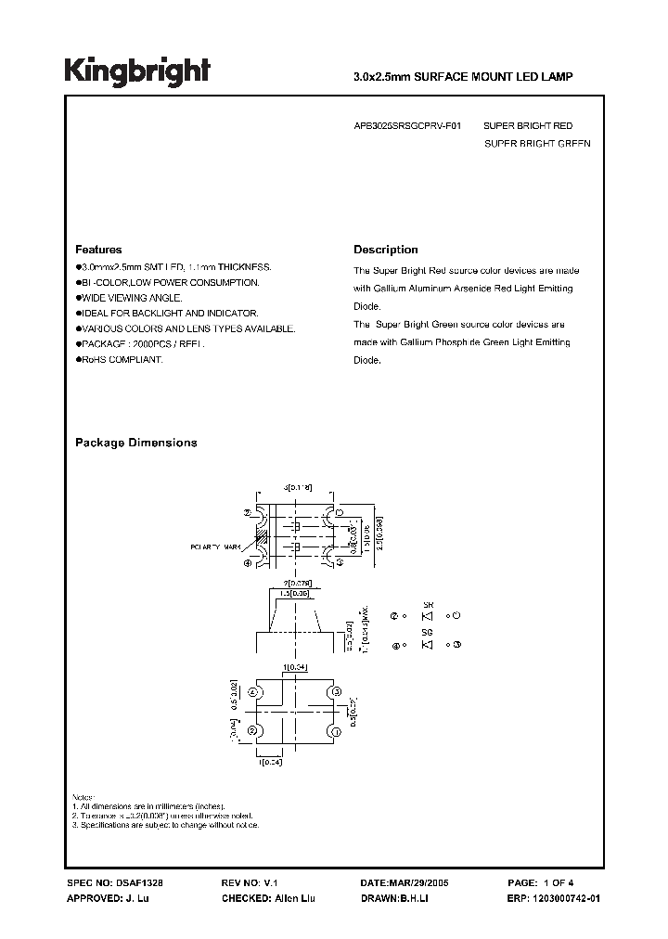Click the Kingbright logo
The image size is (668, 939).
click(x=137, y=71)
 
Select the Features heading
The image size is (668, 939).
click(x=98, y=250)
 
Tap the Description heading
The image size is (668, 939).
click(x=386, y=250)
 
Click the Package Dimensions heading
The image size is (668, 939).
click(x=135, y=443)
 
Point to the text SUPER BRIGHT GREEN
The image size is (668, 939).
click(x=537, y=144)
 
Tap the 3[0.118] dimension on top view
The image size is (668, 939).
click(x=299, y=486)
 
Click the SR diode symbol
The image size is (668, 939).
click(x=427, y=616)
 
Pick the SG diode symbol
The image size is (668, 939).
click(x=427, y=645)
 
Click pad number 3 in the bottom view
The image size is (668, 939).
click(x=338, y=690)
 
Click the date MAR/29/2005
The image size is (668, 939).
click(x=420, y=884)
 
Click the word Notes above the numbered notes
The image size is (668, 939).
click(x=83, y=798)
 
